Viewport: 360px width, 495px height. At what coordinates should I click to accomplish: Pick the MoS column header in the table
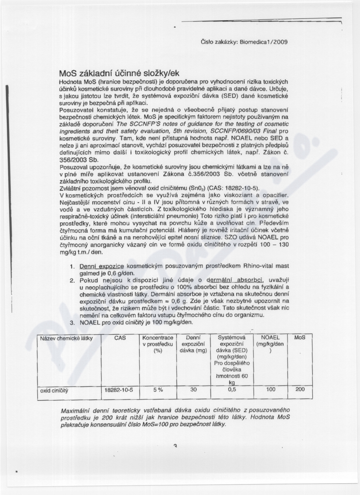tap(300, 338)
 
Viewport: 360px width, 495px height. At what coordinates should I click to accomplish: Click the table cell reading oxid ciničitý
tap(54, 391)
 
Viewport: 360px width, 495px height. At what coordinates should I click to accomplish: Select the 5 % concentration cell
tap(157, 391)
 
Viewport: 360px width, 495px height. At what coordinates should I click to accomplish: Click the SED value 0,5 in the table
tap(232, 391)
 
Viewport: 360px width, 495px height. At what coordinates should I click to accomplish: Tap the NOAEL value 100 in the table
tap(270, 391)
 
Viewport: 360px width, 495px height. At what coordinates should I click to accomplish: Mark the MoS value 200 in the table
tap(300, 391)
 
